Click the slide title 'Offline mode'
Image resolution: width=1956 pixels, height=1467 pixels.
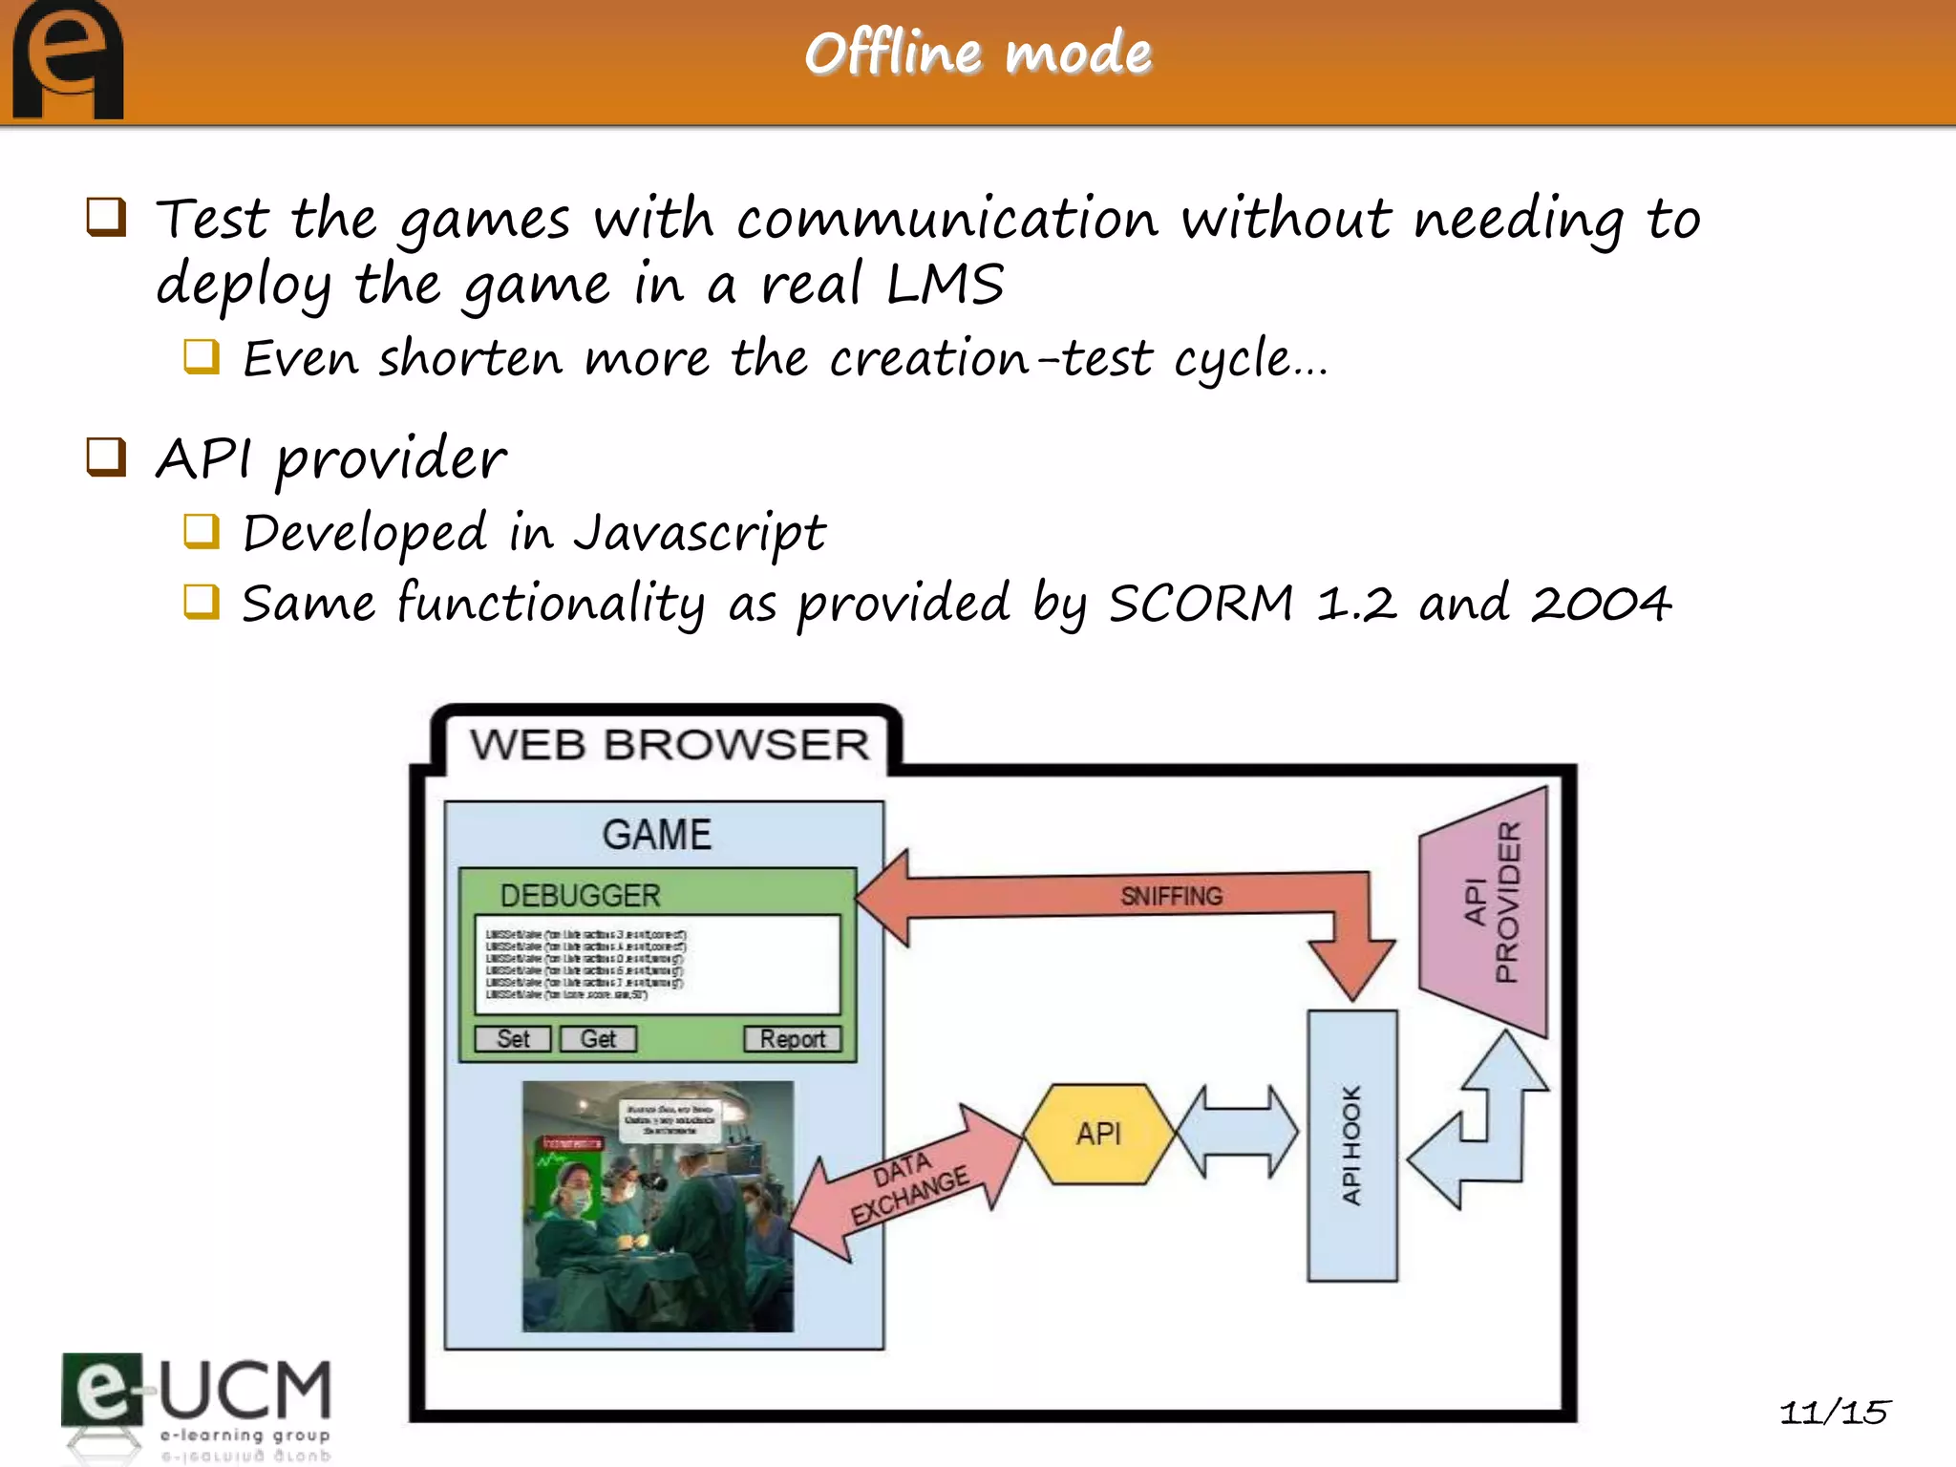tap(978, 53)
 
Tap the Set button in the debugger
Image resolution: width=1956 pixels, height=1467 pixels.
tap(513, 1038)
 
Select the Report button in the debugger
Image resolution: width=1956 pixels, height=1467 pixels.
tap(792, 1038)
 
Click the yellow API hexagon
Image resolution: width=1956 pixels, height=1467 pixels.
tap(1098, 1134)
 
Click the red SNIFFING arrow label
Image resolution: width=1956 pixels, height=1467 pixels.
tap(1171, 896)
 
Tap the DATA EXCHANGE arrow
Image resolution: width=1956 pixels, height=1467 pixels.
tap(907, 1184)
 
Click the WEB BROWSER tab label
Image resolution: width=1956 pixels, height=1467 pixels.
tap(670, 745)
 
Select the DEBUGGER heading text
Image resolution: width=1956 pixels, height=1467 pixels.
tap(580, 895)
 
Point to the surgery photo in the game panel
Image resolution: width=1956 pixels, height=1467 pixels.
tap(657, 1205)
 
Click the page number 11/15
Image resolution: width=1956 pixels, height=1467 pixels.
tap(1833, 1412)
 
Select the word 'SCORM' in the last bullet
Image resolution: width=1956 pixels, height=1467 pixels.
tap(1201, 604)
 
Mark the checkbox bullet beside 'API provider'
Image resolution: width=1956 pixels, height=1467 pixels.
tap(106, 457)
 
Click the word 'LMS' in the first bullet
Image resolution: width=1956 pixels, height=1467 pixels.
tap(945, 285)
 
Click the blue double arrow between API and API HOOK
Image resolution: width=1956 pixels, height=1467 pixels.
tap(1238, 1133)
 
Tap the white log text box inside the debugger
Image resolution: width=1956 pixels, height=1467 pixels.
tap(657, 964)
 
